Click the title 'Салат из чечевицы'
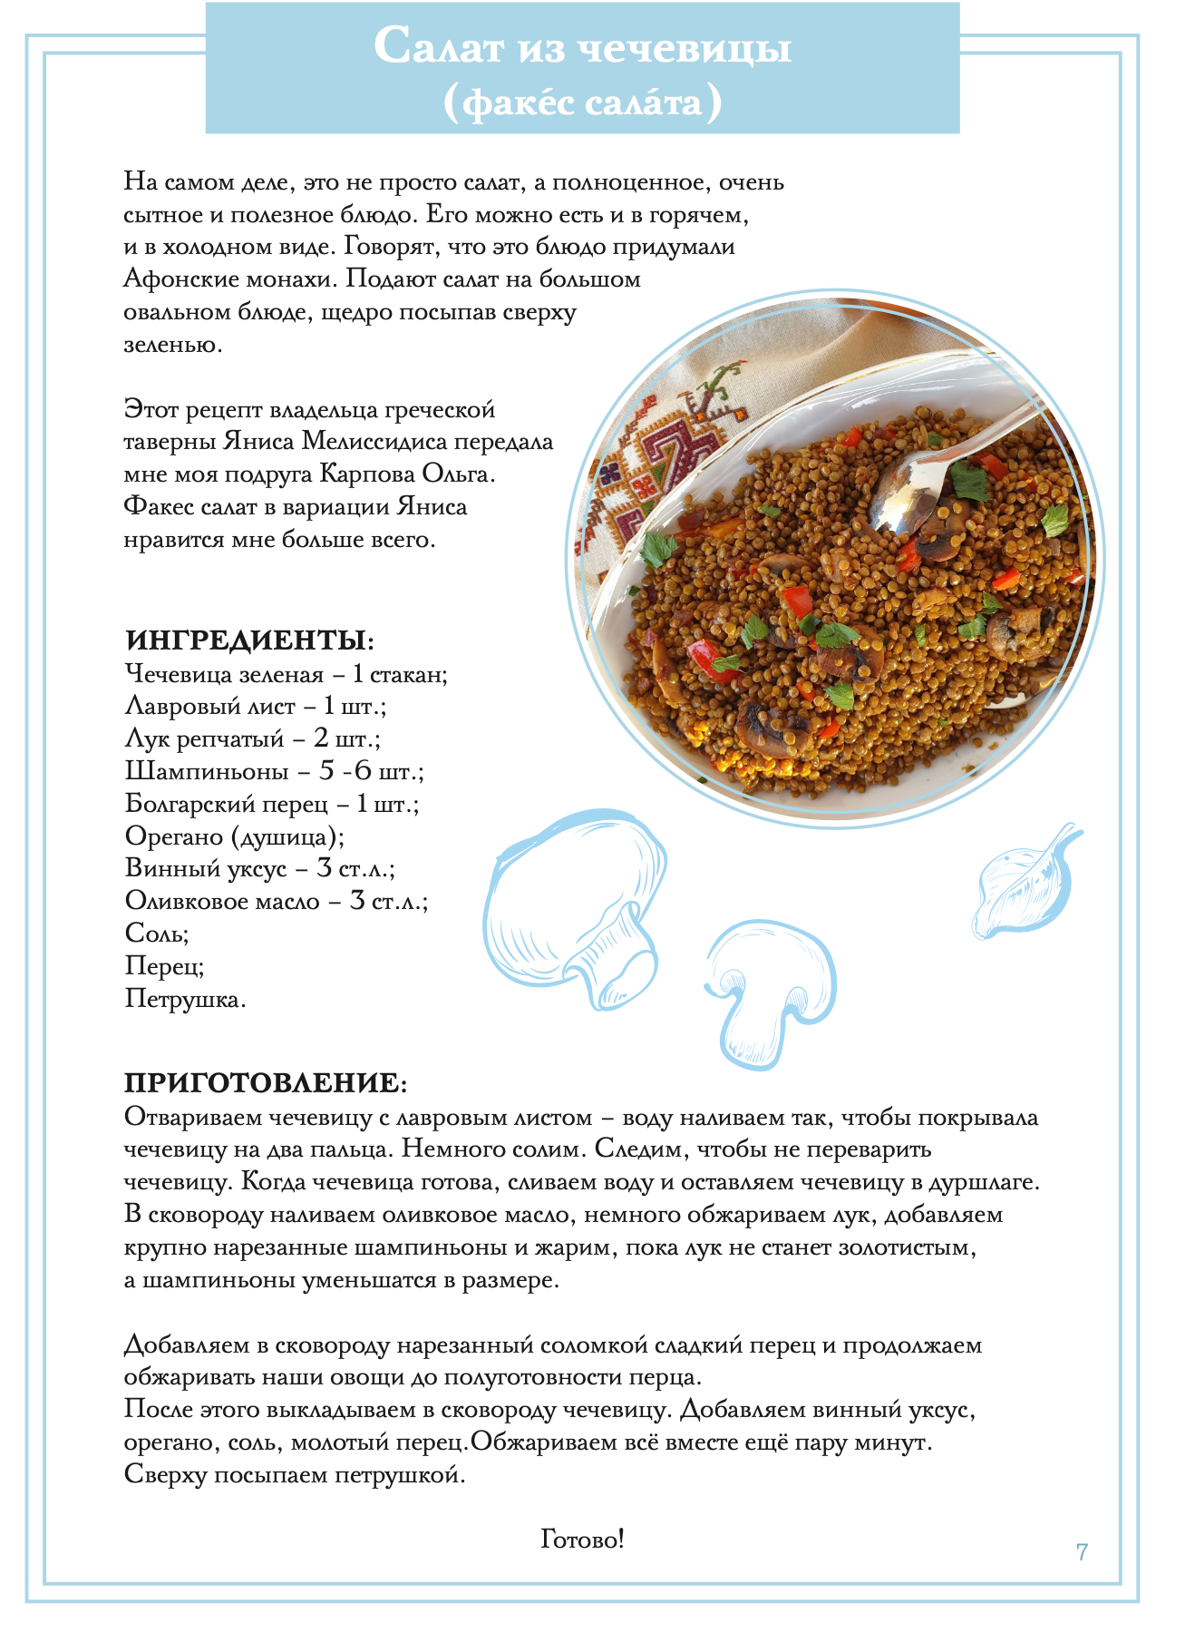coord(582,46)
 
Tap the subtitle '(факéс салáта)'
coord(582,102)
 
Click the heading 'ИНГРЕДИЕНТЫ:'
coord(249,640)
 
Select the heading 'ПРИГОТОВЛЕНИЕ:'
coord(266,1082)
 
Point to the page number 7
coord(1082,1551)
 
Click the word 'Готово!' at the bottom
coord(582,1539)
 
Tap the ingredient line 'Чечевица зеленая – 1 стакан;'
coord(286,674)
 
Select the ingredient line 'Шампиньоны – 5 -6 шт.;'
coord(274,771)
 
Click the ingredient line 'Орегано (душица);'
coord(234,836)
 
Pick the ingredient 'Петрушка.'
coord(185,999)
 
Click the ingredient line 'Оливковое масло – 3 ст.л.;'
coord(276,901)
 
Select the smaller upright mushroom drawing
coord(771,989)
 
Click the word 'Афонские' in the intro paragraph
coord(182,279)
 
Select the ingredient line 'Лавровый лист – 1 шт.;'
coord(255,706)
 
